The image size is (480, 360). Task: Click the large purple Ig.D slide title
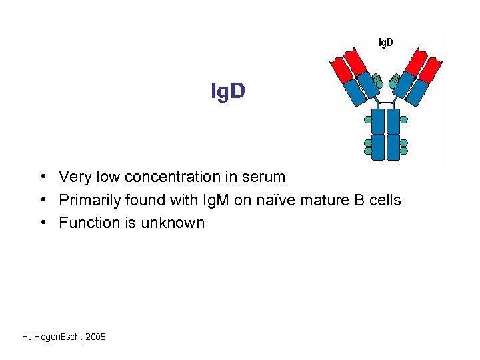coord(228,92)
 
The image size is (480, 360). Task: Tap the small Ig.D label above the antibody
coord(385,43)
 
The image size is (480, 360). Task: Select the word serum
coord(265,177)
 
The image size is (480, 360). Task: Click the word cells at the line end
coord(387,200)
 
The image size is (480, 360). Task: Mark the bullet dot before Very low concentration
coord(42,177)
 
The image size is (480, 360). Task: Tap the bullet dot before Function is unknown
coord(42,223)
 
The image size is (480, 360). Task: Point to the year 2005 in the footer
coord(94,337)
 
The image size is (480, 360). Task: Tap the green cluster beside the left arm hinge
coord(377,81)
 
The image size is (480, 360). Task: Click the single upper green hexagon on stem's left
coord(367,120)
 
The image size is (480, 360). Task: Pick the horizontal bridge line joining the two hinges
coord(385,104)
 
